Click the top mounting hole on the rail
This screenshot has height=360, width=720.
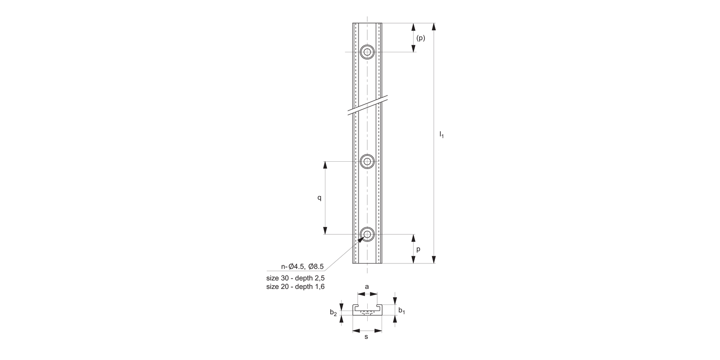(368, 52)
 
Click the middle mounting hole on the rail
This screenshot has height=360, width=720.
(368, 161)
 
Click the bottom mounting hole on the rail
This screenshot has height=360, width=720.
(368, 234)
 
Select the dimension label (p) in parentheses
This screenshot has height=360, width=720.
(420, 38)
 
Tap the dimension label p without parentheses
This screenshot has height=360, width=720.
(419, 249)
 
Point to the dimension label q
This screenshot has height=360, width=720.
(319, 198)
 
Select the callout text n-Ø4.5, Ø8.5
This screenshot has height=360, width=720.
(302, 266)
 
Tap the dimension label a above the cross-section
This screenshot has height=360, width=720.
(367, 287)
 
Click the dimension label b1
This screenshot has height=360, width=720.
(402, 311)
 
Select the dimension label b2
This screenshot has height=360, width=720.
(333, 313)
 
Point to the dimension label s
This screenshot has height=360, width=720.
(366, 337)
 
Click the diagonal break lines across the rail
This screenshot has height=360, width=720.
(368, 106)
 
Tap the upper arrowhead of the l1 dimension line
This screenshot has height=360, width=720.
(434, 27)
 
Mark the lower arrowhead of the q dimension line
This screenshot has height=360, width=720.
(325, 230)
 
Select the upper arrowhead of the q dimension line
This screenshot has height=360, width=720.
(325, 165)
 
